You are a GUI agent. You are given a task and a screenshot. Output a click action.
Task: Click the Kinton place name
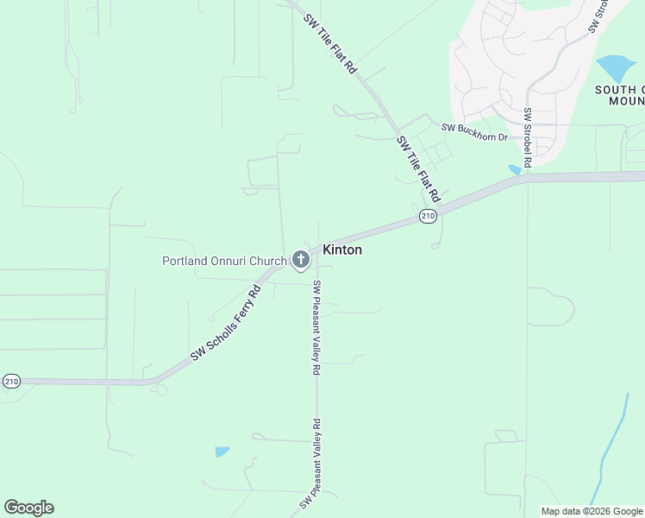click(342, 250)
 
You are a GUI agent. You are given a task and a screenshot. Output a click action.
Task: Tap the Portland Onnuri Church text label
click(224, 261)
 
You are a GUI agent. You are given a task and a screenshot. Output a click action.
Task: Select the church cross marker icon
click(300, 259)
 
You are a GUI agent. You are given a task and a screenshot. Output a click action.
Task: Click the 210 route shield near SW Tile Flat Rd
click(428, 215)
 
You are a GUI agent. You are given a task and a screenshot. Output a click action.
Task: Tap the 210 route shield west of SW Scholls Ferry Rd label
click(11, 381)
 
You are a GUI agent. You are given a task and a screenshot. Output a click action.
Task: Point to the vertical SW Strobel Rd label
click(527, 136)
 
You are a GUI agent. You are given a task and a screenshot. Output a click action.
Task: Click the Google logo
click(28, 507)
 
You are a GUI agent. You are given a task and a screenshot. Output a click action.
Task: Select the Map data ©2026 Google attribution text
click(592, 511)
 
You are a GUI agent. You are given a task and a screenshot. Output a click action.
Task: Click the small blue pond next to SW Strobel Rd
click(515, 169)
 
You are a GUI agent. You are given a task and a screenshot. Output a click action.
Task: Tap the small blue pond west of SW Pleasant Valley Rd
click(222, 452)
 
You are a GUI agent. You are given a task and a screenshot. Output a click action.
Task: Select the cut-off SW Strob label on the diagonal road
click(600, 16)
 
